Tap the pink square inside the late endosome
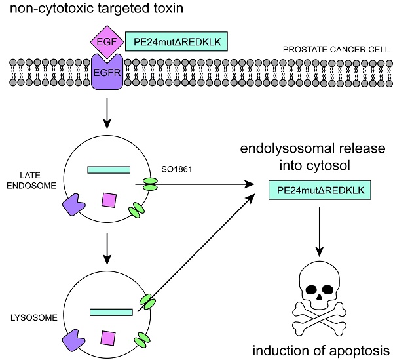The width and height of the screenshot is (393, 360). tap(108, 199)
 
